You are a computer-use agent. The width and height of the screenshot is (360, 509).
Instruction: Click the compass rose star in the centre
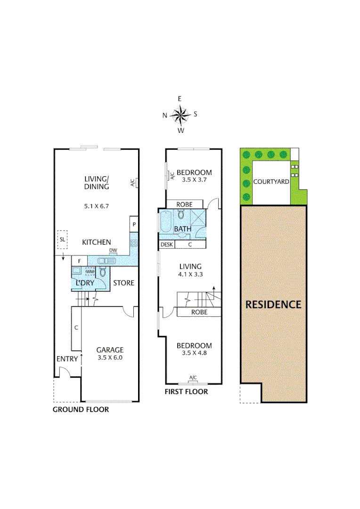[x=180, y=115]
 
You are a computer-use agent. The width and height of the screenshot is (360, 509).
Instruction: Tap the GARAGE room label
[x=110, y=350]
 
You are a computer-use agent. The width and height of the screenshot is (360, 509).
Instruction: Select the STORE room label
[x=124, y=283]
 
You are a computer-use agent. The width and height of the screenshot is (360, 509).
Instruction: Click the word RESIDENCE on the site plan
[x=273, y=304]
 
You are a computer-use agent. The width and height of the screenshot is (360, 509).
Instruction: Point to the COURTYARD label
[x=271, y=181]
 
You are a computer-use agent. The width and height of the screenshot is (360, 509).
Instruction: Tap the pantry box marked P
[x=134, y=224]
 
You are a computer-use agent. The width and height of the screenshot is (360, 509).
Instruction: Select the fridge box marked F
[x=80, y=261]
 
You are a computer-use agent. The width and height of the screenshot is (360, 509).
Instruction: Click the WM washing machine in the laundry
[x=90, y=272]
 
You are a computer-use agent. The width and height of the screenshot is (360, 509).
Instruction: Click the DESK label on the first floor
[x=167, y=244]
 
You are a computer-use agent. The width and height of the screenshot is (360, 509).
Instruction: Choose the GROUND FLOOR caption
[x=81, y=410]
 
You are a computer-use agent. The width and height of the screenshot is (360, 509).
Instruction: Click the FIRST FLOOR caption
[x=186, y=392]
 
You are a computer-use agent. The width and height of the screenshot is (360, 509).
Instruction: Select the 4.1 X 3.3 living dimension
[x=190, y=274]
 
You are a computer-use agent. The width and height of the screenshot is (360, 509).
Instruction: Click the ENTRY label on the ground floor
[x=67, y=359]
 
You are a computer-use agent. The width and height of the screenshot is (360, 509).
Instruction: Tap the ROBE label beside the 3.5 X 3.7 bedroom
[x=184, y=204]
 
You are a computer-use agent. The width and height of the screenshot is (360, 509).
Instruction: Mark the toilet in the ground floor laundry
[x=103, y=272]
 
